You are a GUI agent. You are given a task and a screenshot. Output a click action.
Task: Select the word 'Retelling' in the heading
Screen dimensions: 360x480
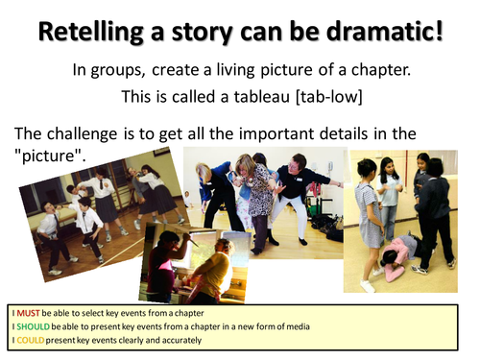pos(87,32)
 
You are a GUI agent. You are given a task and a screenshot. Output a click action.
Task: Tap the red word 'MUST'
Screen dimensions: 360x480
pos(26,314)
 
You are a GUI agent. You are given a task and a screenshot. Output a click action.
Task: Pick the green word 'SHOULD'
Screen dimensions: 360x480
pos(32,326)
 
